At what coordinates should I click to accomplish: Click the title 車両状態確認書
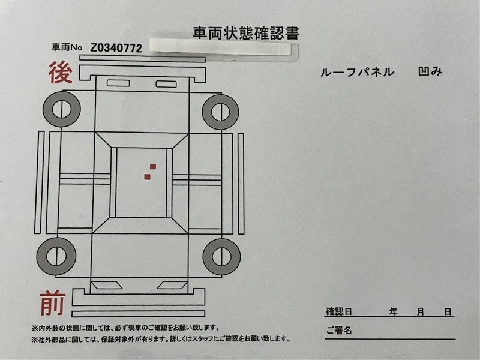coord(246,33)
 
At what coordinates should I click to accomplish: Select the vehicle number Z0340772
coord(116,48)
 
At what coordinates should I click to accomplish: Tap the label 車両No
coord(67,47)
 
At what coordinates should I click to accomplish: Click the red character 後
coord(61,73)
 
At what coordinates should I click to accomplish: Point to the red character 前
coord(53,303)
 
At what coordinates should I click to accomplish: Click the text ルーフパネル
coord(357,72)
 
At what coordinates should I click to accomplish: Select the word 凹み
coord(430,71)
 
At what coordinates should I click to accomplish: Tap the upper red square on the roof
coord(153,167)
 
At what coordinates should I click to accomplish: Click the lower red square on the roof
coord(147,176)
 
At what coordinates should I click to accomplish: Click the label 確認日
coord(338,312)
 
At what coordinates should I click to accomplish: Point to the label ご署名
coord(339,331)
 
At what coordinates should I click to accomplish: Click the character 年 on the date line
coord(394,312)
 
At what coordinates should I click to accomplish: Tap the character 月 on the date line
coord(421,312)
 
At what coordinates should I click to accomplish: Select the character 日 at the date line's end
coord(448,312)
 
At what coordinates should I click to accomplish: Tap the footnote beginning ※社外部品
coord(161,339)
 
